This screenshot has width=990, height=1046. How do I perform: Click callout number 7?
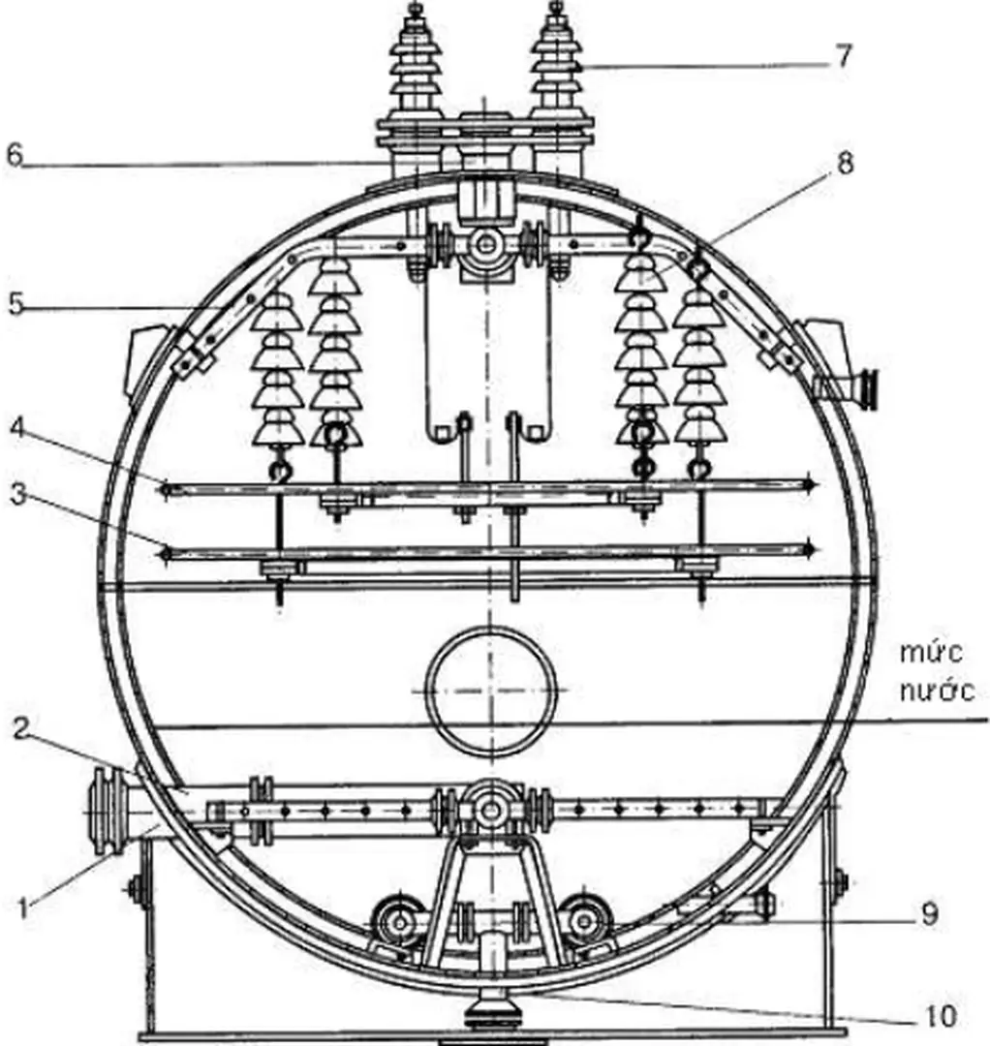click(844, 55)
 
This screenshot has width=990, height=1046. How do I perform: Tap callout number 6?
click(14, 156)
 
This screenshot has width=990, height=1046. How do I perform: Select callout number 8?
click(845, 164)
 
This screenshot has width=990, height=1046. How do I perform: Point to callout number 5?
click(14, 302)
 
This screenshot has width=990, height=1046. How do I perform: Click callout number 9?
click(928, 913)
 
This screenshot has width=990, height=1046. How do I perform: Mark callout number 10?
click(938, 1015)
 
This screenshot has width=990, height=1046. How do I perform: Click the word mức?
click(930, 652)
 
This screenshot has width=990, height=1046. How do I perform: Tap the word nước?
click(935, 691)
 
